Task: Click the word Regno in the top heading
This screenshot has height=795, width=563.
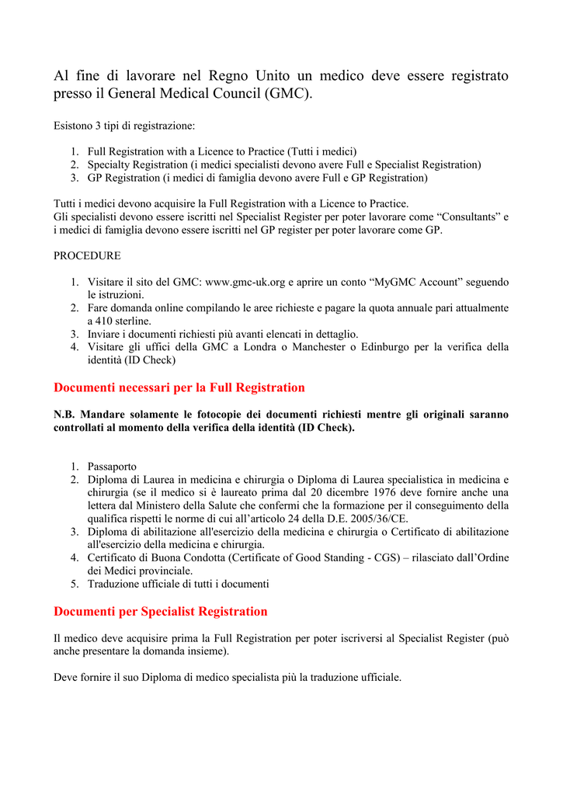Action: coord(227,76)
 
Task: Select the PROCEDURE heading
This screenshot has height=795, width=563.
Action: coord(87,255)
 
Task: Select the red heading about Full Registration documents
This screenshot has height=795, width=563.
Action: coord(179,387)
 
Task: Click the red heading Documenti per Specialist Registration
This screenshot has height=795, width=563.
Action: coord(160,611)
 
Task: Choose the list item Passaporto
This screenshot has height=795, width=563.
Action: coord(112,467)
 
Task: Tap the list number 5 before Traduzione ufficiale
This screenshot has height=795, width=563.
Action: coord(75,583)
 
